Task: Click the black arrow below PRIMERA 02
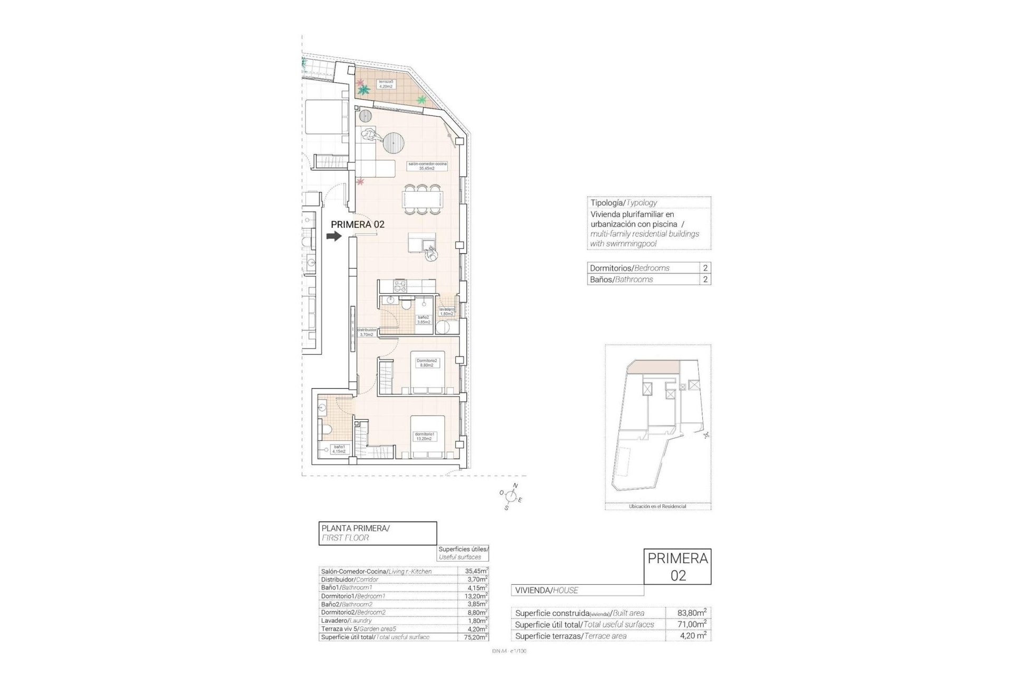pos(334,237)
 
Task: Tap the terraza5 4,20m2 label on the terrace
pos(385,84)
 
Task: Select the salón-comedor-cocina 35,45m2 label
pos(427,166)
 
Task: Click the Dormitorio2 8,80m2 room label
pos(427,362)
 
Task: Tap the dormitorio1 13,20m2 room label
pos(425,436)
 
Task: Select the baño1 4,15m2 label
pos(338,449)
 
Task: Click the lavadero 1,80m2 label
pos(446,311)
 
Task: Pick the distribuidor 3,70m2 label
pos(366,332)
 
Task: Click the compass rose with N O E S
pos(510,496)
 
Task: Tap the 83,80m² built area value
pos(692,613)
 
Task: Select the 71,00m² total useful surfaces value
pos(692,624)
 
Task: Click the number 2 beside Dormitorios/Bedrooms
pos(705,268)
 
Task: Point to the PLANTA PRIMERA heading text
pos(355,528)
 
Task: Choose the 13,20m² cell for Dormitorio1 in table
pos(472,596)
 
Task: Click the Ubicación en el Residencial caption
pos(657,506)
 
